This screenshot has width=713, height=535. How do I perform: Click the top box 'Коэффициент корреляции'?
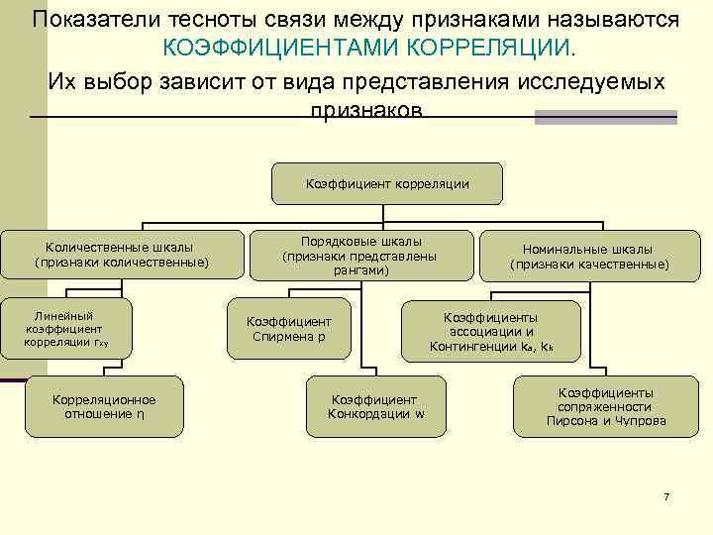(x=387, y=183)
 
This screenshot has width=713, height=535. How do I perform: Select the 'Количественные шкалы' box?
(x=121, y=255)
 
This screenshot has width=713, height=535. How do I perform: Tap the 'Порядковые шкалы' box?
(x=360, y=255)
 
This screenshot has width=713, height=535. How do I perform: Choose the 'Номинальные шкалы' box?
(x=588, y=257)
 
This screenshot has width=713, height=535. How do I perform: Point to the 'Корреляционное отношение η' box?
(x=104, y=406)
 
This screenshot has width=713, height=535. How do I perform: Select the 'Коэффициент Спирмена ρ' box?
(x=289, y=329)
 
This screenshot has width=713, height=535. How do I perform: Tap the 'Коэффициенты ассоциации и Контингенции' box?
(x=490, y=331)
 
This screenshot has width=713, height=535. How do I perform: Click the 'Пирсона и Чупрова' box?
(x=605, y=406)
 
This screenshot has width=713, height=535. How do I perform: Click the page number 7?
(x=666, y=495)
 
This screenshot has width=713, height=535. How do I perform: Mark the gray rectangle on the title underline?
(x=605, y=117)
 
